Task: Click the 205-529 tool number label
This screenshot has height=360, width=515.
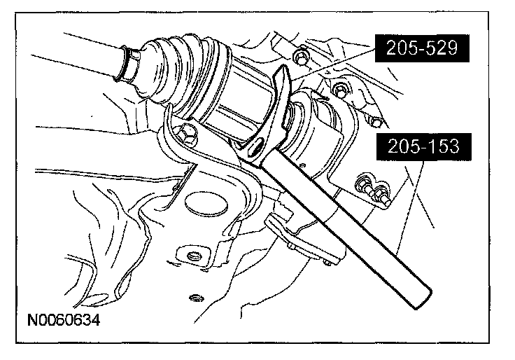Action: point(422,48)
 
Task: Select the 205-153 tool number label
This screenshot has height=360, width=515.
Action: point(424,146)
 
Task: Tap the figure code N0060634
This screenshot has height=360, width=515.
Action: point(64,319)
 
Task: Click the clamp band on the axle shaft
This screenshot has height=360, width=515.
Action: point(127,64)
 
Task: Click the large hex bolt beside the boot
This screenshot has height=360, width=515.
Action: point(185,134)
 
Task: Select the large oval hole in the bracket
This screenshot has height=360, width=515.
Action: point(206,205)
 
